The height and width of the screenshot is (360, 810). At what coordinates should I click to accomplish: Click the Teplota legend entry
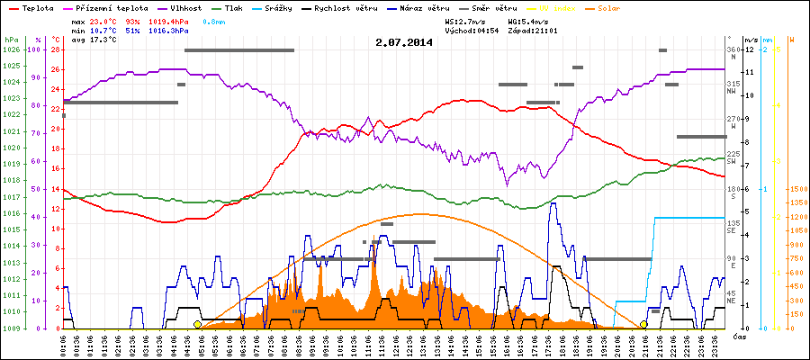(x=35, y=6)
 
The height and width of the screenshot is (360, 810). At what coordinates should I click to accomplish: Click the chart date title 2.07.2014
(x=404, y=41)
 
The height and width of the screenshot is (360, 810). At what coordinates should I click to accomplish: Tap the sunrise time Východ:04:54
(x=472, y=31)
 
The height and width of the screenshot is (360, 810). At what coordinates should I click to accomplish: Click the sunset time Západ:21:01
(x=535, y=31)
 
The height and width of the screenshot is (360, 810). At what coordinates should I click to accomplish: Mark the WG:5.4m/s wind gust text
(x=528, y=20)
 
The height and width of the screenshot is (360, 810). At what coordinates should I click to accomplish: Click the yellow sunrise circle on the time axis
(x=197, y=325)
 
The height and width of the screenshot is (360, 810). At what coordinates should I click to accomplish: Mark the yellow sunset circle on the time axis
(x=643, y=325)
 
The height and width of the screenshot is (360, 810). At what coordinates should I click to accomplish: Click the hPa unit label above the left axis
(x=11, y=40)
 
